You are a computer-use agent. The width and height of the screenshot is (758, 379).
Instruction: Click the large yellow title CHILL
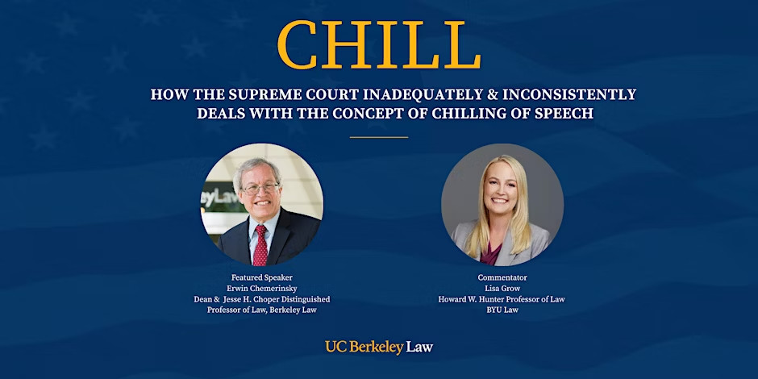coord(379,44)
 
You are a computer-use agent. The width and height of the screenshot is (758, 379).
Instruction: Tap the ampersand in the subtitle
coord(493,94)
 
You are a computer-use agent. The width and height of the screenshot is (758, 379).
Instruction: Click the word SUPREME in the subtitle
coord(258,94)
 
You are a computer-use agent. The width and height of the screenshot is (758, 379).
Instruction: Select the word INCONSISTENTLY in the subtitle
coord(569,94)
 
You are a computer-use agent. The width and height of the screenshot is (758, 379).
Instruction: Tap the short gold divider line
coord(379,137)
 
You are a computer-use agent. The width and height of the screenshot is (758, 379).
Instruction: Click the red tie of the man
coord(260,246)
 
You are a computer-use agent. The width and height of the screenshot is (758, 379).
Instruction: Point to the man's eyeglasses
coord(260,189)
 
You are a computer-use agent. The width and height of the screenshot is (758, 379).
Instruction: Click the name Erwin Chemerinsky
coord(262,289)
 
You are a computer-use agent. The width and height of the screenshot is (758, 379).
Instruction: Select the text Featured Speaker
coord(262,277)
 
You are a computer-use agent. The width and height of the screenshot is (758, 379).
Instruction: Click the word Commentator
coord(502,277)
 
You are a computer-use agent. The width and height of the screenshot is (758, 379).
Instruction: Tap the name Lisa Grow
coord(502,289)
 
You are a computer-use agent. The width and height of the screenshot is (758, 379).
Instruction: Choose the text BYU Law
coord(502,310)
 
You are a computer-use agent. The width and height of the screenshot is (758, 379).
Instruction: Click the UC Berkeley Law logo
coord(379,347)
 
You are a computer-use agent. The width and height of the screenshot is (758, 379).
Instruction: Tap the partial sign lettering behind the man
coord(220,198)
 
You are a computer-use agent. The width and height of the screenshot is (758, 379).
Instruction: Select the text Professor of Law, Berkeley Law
coord(262,310)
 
